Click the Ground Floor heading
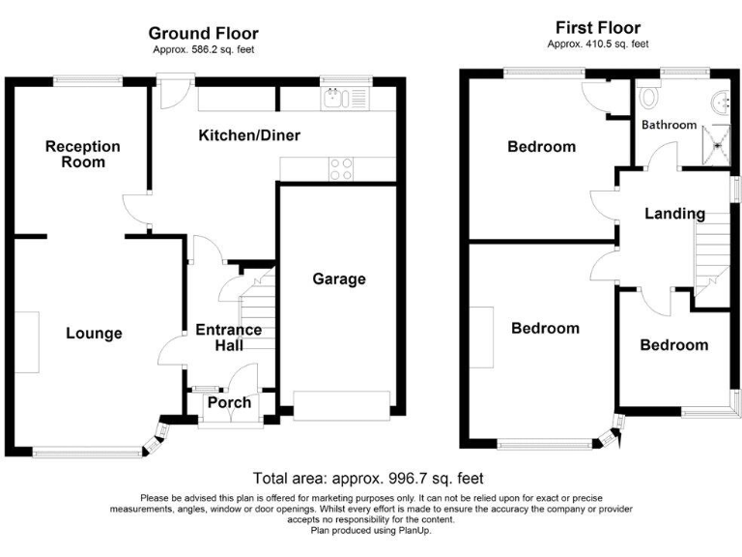point(203,34)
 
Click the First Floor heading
point(597,28)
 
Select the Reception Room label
point(83,154)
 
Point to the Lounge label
point(94,334)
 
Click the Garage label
point(338,279)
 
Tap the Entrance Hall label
point(228,337)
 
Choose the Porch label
point(229,402)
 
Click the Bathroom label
point(669,125)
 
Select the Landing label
point(674,214)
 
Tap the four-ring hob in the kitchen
point(341,169)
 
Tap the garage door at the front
point(341,404)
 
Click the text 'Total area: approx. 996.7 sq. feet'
point(367,478)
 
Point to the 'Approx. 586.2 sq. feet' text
point(203,50)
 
